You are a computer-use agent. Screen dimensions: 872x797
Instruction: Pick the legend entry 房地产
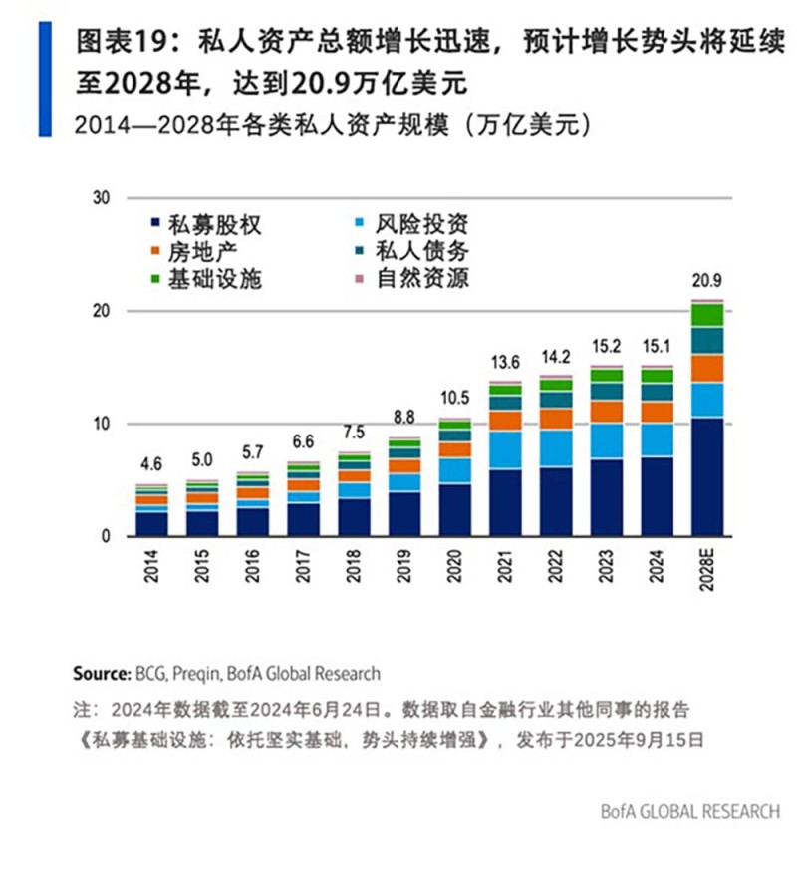click(191, 252)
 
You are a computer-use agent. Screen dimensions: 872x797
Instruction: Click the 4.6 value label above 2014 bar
click(151, 463)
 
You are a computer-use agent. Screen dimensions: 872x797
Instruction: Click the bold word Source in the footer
click(102, 673)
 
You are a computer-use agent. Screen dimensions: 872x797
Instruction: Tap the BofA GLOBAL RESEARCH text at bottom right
click(689, 811)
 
